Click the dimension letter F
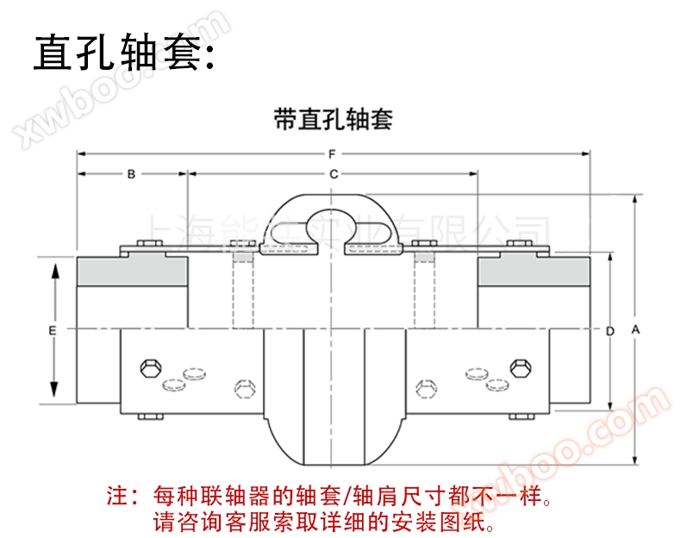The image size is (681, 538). (x=332, y=154)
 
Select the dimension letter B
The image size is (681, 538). (x=131, y=174)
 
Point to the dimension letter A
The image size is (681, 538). (x=635, y=329)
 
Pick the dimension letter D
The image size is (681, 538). (x=609, y=330)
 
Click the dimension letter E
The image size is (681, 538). (x=53, y=330)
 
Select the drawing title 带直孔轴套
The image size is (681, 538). (x=333, y=119)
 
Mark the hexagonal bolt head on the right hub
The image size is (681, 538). (x=519, y=368)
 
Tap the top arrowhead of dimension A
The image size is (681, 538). (x=635, y=199)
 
